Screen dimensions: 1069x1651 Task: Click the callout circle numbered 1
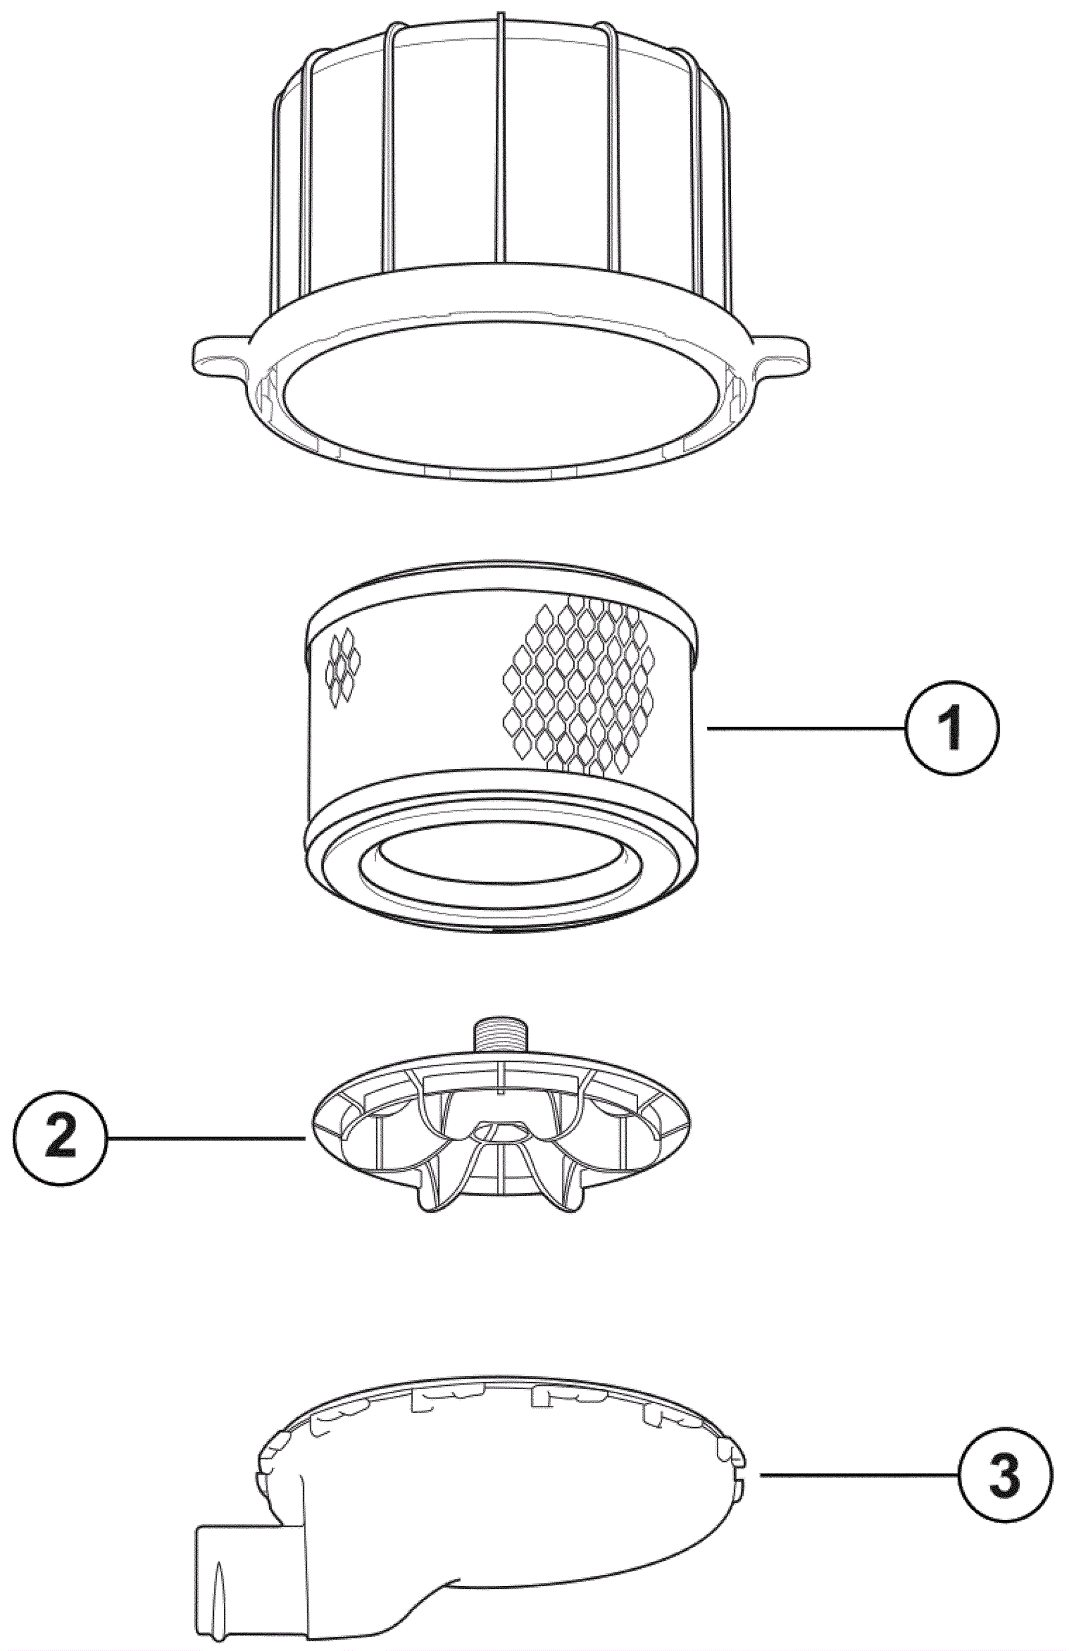click(x=952, y=728)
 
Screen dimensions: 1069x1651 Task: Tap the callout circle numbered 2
click(x=60, y=1139)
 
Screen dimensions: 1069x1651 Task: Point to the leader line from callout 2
click(x=206, y=1139)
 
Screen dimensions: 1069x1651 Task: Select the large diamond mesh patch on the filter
click(x=579, y=682)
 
